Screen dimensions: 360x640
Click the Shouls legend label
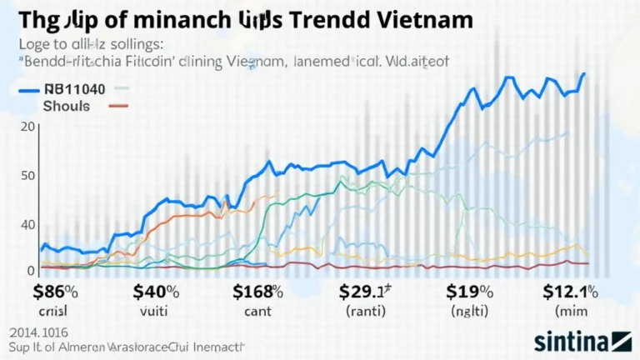(x=66, y=106)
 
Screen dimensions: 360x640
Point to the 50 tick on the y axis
(x=28, y=175)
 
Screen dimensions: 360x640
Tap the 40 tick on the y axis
(x=27, y=224)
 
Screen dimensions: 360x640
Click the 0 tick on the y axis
(x=31, y=270)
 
